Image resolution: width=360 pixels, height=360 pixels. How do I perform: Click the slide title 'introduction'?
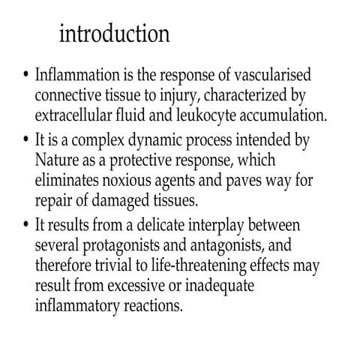pos(114,34)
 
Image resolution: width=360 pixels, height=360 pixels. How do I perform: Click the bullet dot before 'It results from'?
pos(25,225)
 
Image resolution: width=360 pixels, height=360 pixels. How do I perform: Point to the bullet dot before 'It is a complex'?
pos(25,141)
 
